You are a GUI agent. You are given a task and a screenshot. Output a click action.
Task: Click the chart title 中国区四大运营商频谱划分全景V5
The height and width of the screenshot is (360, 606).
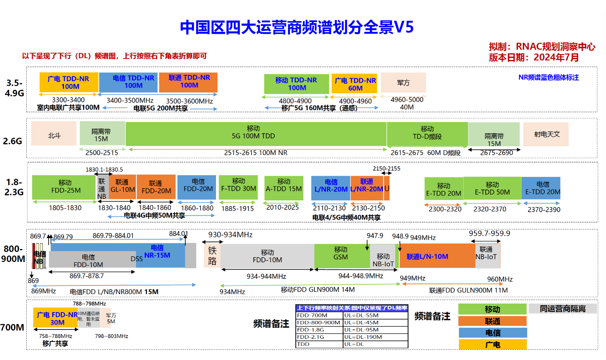click(x=297, y=27)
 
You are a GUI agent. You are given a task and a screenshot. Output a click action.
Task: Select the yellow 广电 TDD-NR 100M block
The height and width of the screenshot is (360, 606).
click(x=69, y=82)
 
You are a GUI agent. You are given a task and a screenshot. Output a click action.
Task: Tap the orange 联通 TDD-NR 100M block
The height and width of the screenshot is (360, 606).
click(x=189, y=82)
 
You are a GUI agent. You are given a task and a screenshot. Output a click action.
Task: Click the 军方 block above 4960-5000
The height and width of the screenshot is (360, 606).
click(x=403, y=82)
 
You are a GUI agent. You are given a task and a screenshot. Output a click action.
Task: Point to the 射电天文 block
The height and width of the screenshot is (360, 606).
click(x=546, y=134)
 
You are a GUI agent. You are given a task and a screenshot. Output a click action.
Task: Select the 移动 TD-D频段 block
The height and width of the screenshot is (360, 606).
click(x=427, y=133)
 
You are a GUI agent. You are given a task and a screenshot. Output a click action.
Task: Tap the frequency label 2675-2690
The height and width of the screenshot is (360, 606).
click(x=496, y=153)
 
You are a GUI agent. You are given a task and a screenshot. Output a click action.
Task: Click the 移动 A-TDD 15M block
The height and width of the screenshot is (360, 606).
click(x=284, y=186)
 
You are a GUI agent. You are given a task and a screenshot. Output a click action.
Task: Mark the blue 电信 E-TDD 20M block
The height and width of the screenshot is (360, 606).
click(x=541, y=188)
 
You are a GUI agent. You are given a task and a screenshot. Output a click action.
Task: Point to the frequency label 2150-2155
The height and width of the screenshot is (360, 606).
click(x=386, y=169)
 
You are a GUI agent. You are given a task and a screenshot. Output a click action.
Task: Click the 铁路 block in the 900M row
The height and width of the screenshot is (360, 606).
click(x=212, y=256)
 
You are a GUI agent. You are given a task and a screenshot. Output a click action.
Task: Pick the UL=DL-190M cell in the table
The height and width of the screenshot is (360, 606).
click(x=375, y=337)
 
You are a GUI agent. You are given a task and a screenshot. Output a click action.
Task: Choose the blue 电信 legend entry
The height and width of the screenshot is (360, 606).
click(x=492, y=333)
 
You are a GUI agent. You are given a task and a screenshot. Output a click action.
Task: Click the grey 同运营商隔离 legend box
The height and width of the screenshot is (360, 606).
click(x=562, y=309)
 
